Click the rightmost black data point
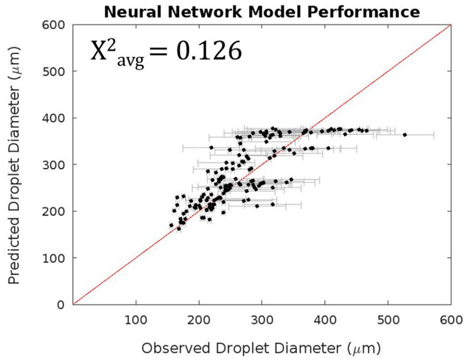coord(405,134)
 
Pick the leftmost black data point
coord(171,225)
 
